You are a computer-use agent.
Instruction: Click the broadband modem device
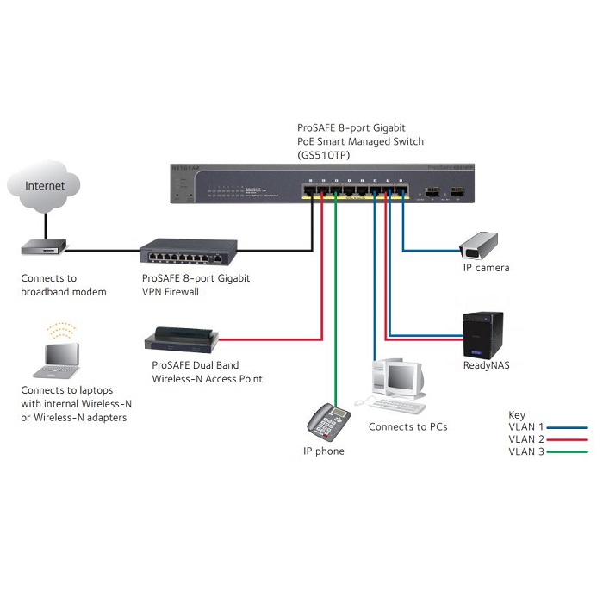pos(43,250)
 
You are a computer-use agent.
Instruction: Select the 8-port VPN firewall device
pos(186,252)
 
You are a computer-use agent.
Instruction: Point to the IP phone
pos(328,421)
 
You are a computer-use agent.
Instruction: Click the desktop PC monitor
pos(402,376)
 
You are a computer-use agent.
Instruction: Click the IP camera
pos(478,245)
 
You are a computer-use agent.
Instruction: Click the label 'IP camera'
pos(486,268)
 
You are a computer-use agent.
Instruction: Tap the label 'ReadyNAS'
pos(486,365)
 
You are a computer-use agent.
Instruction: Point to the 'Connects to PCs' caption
pos(407,426)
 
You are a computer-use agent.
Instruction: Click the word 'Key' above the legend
pos(517,415)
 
